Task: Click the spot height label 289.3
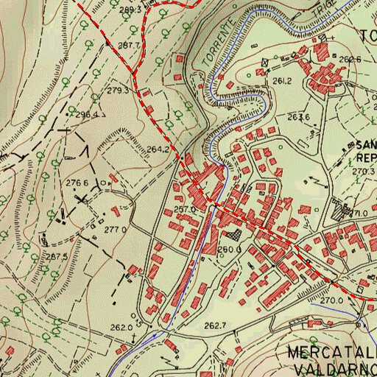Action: click(x=130, y=10)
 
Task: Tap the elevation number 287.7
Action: click(x=129, y=46)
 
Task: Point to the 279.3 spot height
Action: click(x=118, y=91)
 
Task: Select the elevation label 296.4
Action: click(x=86, y=115)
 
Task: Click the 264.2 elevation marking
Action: click(x=158, y=149)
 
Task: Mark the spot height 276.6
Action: click(x=77, y=183)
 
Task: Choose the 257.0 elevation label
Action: click(x=185, y=210)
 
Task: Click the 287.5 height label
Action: click(x=56, y=256)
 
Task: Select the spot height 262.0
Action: click(x=121, y=328)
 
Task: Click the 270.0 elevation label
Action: click(x=331, y=300)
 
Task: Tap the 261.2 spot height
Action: click(x=283, y=81)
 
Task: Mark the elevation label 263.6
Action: click(x=297, y=117)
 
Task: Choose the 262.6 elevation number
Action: click(x=350, y=60)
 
